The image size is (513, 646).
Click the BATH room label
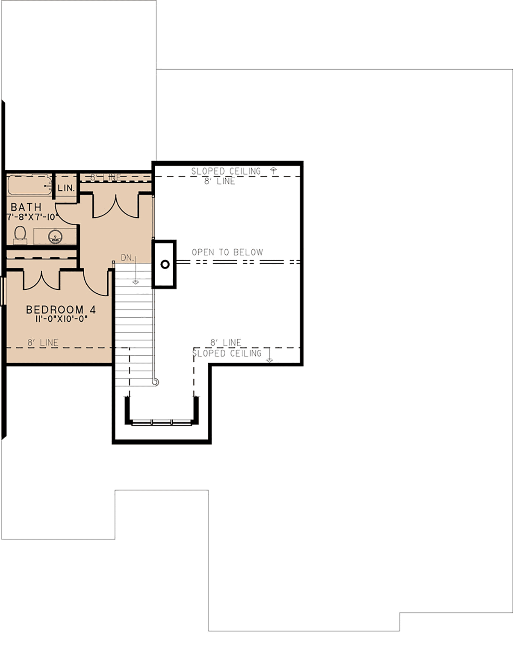tap(26, 207)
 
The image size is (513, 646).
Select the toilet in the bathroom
tap(20, 235)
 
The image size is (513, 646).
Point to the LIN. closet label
tap(66, 188)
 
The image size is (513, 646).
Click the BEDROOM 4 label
tap(61, 309)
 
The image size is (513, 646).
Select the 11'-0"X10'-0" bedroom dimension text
tap(61, 319)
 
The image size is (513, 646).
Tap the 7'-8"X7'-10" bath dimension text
tap(32, 217)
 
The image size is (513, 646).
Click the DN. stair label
tap(127, 258)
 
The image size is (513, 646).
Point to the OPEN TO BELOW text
tap(227, 252)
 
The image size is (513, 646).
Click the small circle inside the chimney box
tap(165, 264)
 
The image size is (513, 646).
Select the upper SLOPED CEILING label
tap(226, 171)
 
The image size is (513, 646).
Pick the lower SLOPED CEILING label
tap(227, 353)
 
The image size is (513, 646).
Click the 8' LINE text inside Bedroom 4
tap(43, 342)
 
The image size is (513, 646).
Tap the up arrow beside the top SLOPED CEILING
tap(274, 171)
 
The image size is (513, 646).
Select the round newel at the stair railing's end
tap(156, 382)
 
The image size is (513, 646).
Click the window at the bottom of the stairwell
tap(162, 422)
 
